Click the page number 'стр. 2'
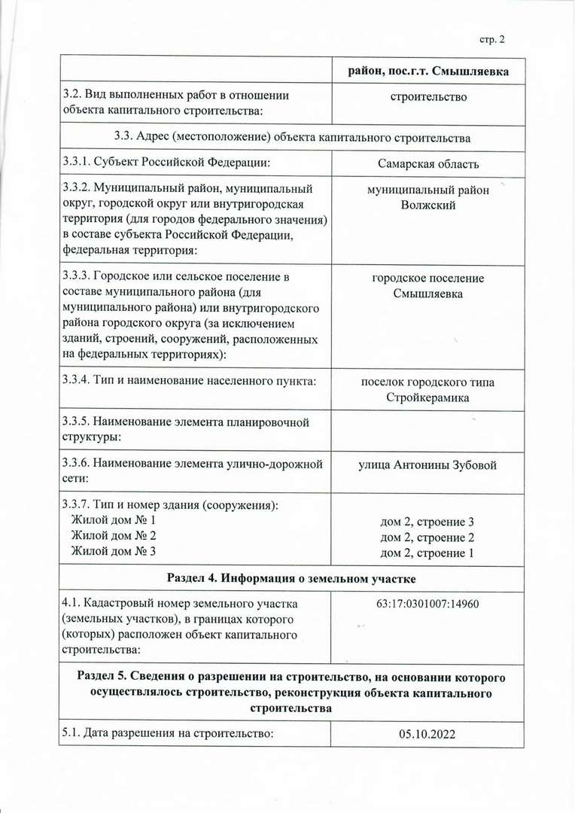tap(492, 39)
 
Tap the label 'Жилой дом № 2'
tap(113, 536)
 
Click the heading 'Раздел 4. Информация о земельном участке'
tap(291, 578)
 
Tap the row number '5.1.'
tap(70, 734)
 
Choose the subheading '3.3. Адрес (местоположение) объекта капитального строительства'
tap(291, 138)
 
